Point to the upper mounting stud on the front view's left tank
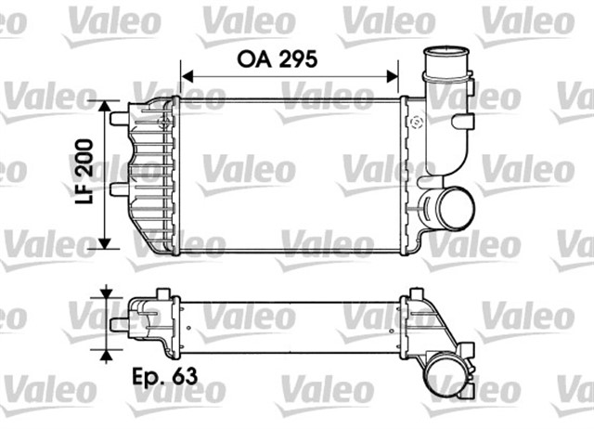119,119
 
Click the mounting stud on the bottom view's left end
119,323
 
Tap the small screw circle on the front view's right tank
415,122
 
